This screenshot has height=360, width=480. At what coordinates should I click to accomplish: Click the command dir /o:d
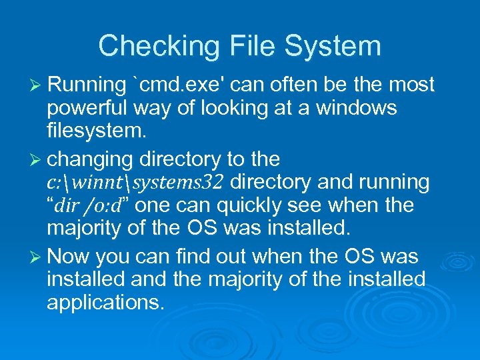tap(87, 205)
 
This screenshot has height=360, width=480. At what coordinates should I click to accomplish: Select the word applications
tap(105, 302)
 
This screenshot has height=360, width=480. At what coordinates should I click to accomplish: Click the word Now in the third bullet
tap(70, 255)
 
